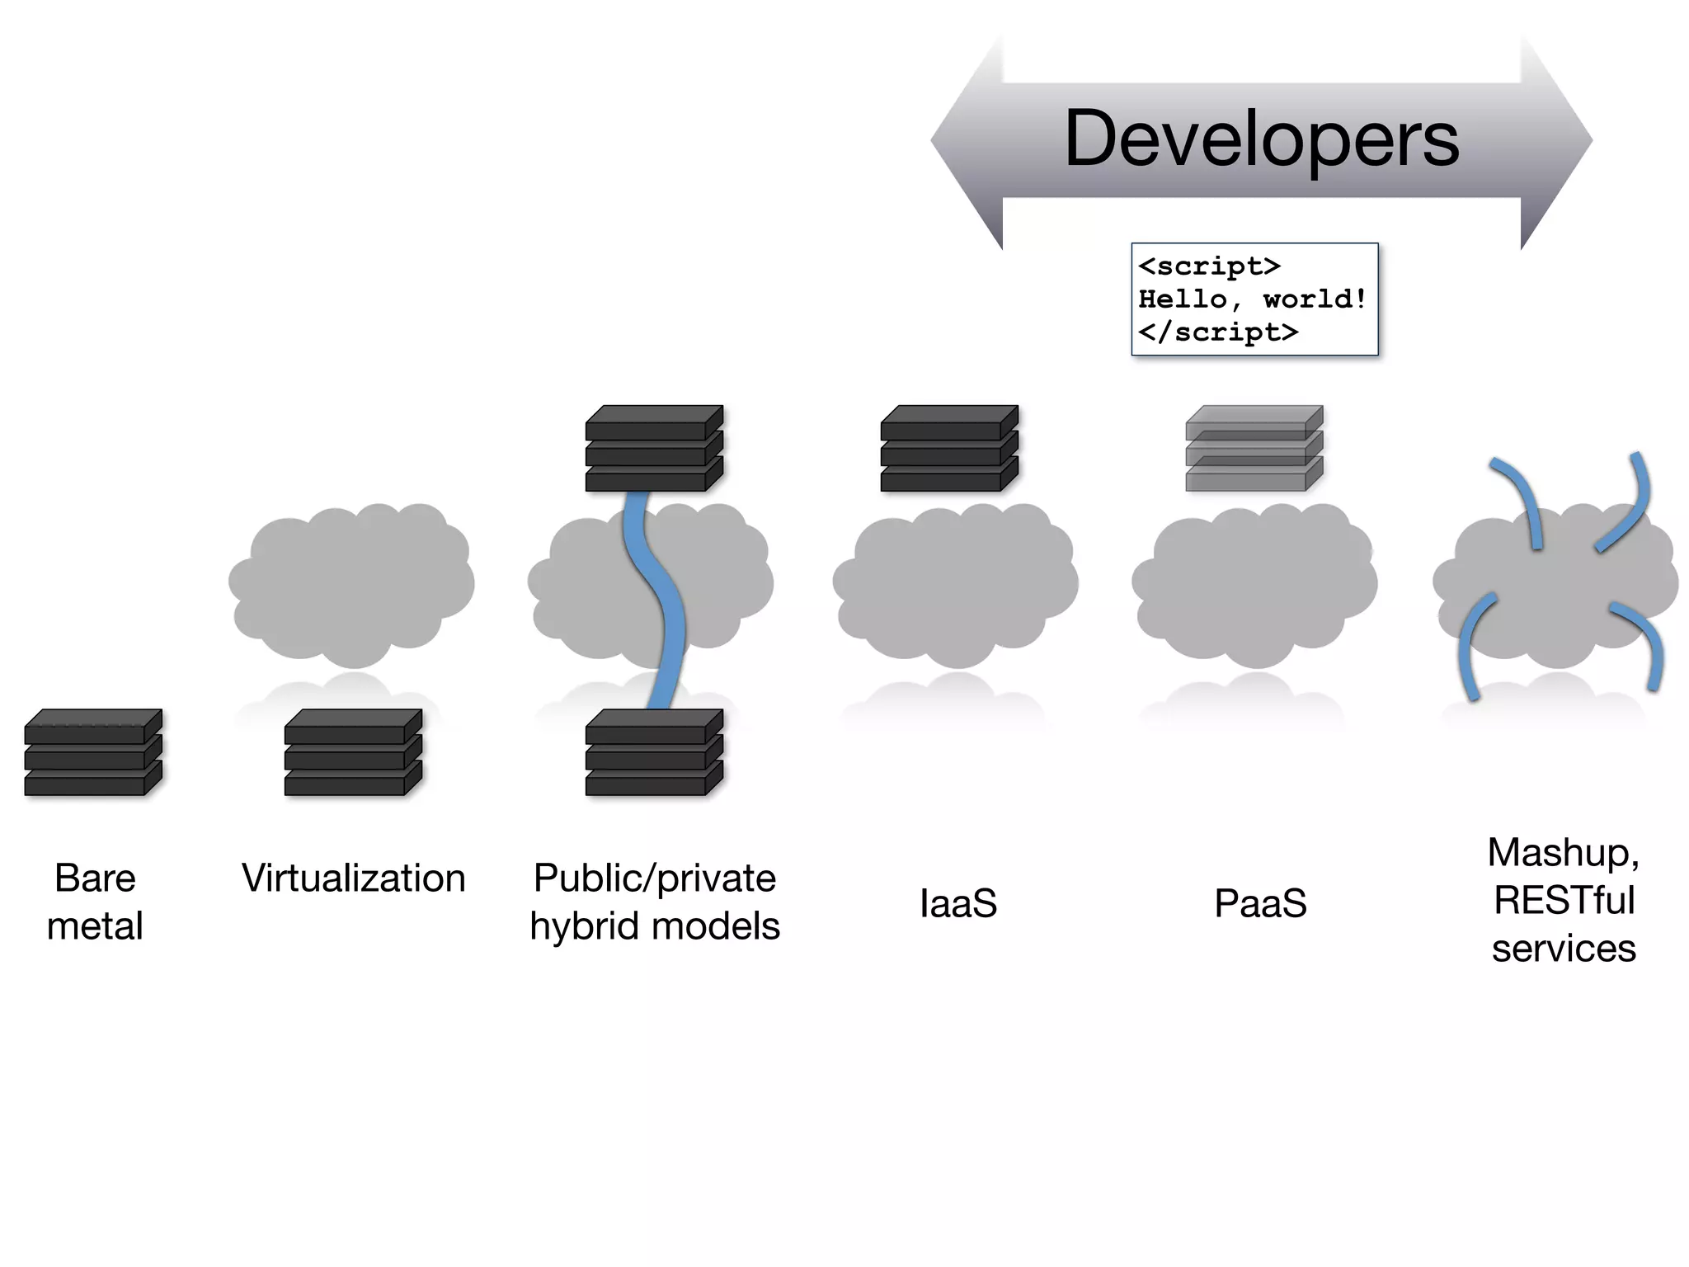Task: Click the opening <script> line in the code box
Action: coord(1209,266)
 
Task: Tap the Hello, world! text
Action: coord(1252,299)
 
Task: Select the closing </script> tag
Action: coord(1218,332)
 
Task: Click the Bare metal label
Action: coord(95,901)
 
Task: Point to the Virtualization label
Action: coord(353,878)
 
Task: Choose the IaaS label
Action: coord(957,902)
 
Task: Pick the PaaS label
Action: coord(1260,902)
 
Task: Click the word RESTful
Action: coord(1564,900)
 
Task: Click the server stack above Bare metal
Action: coord(93,752)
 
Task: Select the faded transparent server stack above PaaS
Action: coord(1254,449)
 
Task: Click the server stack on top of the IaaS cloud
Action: coord(949,449)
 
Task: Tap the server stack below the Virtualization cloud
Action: coord(353,752)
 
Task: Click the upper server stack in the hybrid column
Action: coord(654,449)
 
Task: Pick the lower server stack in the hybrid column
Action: coord(654,752)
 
